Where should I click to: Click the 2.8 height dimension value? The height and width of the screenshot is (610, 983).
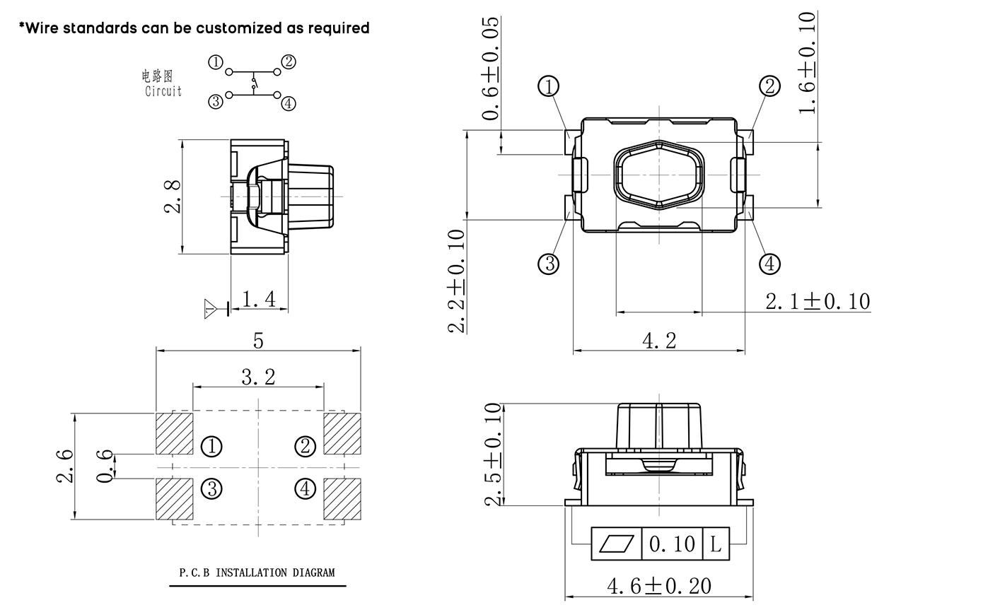coord(172,197)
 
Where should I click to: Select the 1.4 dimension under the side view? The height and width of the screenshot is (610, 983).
coord(259,299)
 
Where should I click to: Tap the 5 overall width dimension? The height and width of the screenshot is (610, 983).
coord(258,341)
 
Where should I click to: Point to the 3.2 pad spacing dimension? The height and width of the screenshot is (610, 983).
coord(258,377)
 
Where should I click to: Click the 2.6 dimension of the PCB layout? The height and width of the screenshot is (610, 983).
coord(64,466)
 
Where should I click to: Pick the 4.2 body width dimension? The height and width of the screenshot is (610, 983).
coord(659,341)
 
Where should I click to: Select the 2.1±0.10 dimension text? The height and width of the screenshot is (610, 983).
coord(818,302)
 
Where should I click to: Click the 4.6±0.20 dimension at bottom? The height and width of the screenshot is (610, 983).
coord(659,586)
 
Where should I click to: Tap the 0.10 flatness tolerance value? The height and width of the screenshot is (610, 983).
coord(672,544)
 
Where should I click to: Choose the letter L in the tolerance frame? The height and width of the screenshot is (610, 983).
coord(716,544)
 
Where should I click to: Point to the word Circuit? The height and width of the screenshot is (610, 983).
coord(163,91)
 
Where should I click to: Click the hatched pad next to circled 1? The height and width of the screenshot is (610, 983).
coord(174,433)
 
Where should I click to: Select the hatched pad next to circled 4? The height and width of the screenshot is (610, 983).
coord(342,499)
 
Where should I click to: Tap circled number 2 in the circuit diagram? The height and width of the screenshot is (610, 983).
coord(288,61)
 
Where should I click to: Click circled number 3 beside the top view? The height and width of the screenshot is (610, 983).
coord(549,264)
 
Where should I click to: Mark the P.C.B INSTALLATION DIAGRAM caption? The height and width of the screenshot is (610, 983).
coord(257,573)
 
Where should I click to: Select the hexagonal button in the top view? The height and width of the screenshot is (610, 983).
coord(660,175)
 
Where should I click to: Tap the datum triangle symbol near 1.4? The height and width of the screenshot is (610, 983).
coord(211,308)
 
